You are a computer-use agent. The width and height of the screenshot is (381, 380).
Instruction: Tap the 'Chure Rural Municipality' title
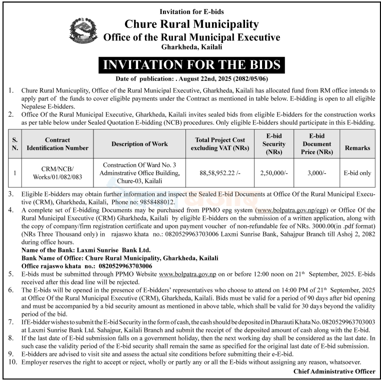click(191, 24)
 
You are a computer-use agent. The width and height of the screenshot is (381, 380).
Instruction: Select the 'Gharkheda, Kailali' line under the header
click(191, 46)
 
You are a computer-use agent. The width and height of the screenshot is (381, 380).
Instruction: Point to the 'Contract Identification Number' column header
click(57, 144)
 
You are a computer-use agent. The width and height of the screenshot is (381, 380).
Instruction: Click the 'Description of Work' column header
click(139, 144)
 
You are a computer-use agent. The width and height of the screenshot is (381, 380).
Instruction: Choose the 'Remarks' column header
click(357, 148)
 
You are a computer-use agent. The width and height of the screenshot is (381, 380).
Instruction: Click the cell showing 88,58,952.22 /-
click(220, 172)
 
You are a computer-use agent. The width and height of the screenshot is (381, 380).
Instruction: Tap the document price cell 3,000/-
click(316, 172)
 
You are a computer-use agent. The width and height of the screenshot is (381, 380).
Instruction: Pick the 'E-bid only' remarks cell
click(357, 172)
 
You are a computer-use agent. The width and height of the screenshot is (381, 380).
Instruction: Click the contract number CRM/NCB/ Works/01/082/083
click(57, 172)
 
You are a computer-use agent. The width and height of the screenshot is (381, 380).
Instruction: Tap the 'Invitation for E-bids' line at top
click(191, 11)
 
